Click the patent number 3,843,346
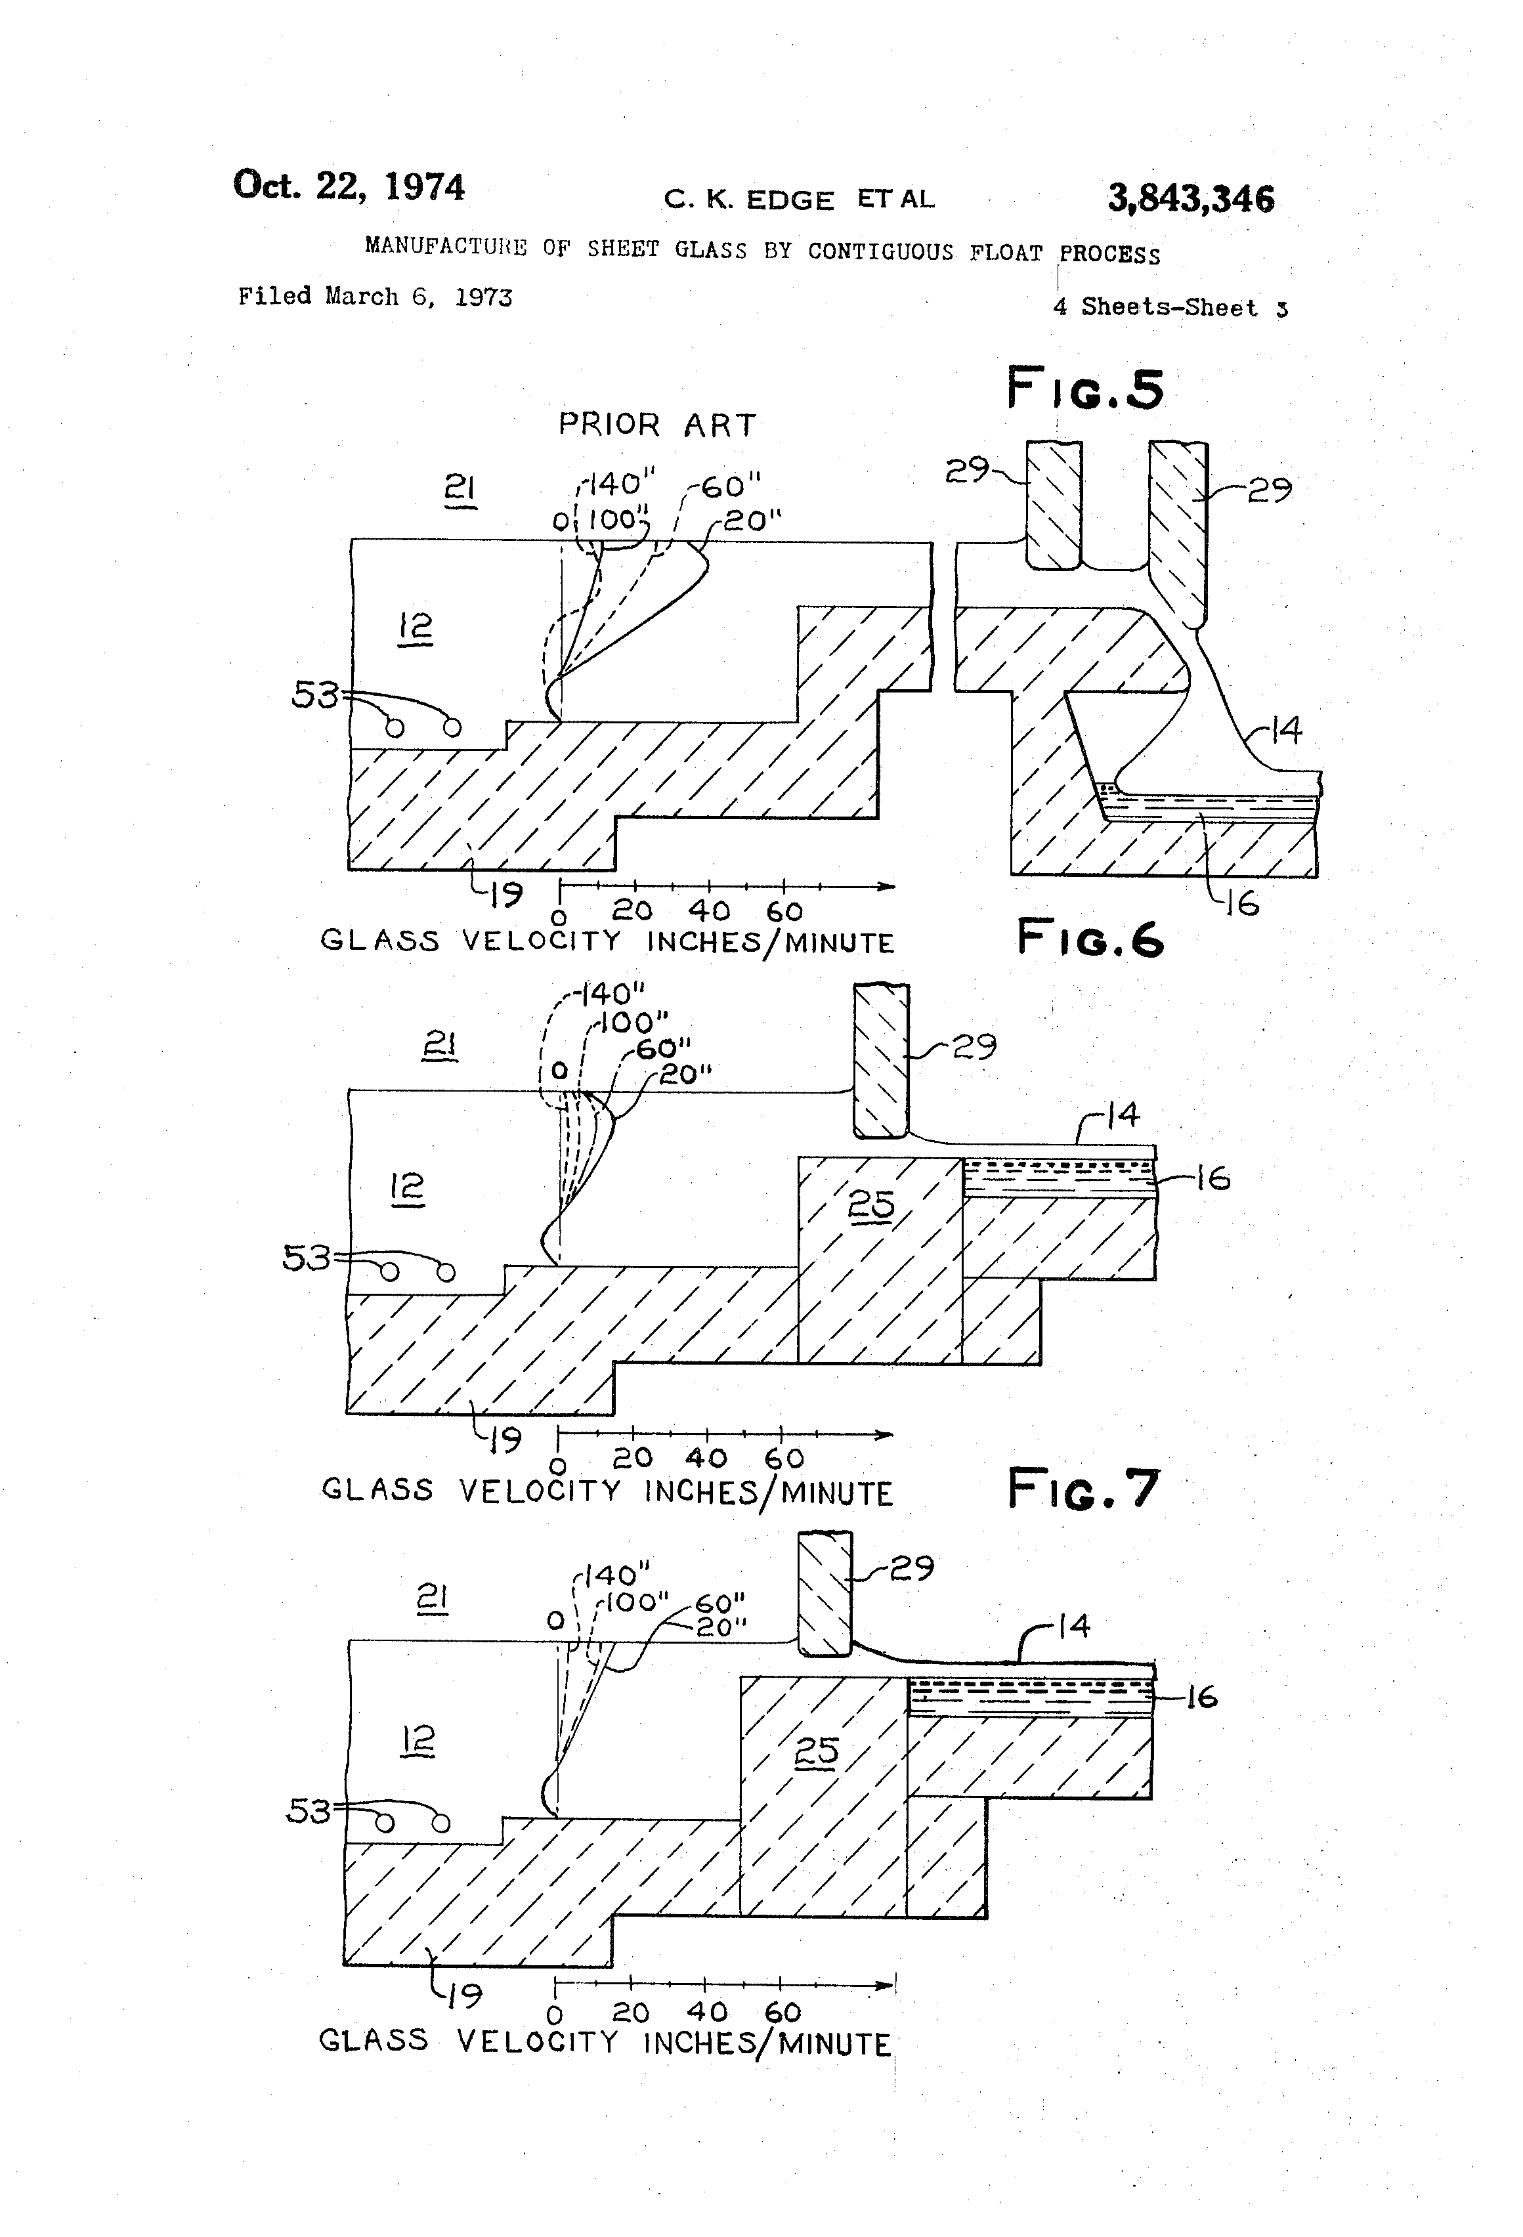point(1190,200)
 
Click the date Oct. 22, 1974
point(349,186)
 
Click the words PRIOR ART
point(658,425)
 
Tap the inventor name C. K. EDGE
point(749,200)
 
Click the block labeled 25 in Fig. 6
point(871,1205)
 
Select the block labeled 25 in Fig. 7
point(817,1752)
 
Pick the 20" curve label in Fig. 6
point(685,1075)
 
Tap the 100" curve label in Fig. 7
point(636,1603)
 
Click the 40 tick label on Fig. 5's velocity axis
point(708,910)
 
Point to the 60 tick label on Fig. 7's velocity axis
point(783,2012)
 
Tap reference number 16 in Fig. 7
point(1201,1696)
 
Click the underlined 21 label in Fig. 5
point(460,490)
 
